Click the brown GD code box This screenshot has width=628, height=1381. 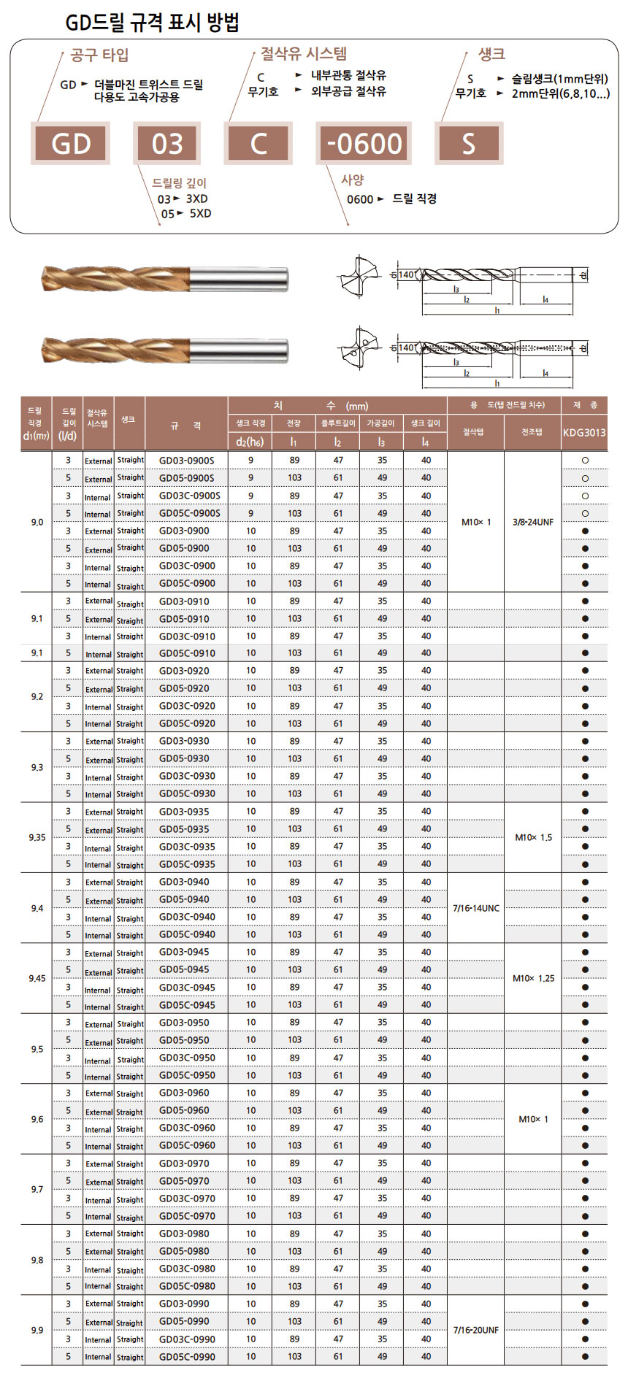coord(71,144)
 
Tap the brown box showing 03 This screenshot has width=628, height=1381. coord(167,144)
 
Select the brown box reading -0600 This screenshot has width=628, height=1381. coord(364,144)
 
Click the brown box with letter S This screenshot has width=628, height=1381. coord(468,144)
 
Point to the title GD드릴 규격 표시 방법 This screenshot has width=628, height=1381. coord(152,23)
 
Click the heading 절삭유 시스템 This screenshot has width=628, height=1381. coord(304,53)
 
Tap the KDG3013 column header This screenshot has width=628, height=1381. coord(584,432)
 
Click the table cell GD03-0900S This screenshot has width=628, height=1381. coord(187,461)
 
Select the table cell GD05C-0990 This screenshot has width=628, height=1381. coord(187,1357)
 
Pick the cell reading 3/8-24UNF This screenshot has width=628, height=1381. coord(533,522)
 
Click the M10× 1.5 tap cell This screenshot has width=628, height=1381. coord(533,837)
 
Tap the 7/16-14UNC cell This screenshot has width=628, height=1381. coord(476,908)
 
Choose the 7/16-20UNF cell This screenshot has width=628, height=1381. coord(476,1330)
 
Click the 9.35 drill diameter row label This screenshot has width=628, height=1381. coord(37,837)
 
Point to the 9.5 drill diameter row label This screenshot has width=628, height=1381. coord(37,1049)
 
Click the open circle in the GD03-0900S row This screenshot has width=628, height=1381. coord(585,461)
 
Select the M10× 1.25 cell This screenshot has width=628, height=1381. coord(533,978)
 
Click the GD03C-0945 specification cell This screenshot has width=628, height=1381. coord(187,988)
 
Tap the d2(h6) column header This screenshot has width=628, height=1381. coord(250,442)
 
